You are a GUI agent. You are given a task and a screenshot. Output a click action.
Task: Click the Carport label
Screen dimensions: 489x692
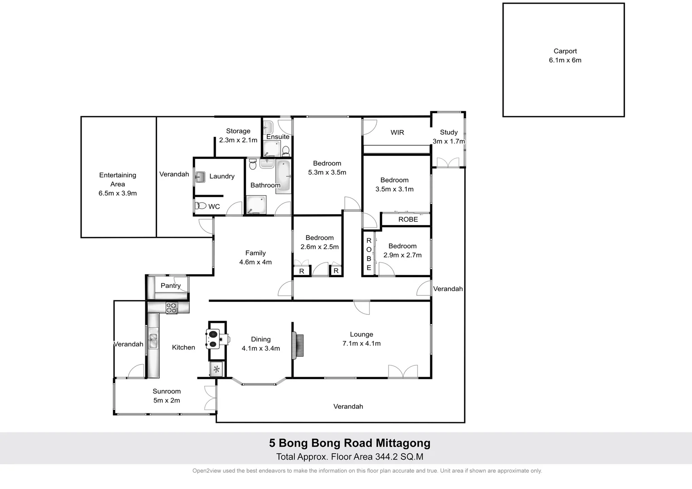tap(565, 51)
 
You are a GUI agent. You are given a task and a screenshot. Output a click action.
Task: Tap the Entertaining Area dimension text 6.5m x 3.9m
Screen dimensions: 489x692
tap(117, 193)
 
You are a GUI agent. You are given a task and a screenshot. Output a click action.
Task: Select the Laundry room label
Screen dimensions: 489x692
tap(221, 176)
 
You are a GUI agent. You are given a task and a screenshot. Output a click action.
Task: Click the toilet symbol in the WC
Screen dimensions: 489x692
tap(201, 206)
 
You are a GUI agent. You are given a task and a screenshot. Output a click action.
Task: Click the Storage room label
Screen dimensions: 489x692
tap(238, 131)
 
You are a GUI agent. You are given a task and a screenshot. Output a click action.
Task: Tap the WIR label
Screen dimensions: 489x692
tap(397, 132)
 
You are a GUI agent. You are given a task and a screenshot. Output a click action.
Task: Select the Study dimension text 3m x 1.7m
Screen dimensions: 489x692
tap(448, 141)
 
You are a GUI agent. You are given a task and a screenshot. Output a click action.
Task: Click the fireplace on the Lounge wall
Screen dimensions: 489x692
tap(298, 346)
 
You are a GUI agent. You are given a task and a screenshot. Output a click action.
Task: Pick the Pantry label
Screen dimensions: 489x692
tap(170, 286)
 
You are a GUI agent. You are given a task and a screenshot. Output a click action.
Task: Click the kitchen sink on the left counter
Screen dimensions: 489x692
tap(153, 340)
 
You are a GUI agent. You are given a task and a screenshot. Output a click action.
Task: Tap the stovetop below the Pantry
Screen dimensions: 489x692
tap(172, 308)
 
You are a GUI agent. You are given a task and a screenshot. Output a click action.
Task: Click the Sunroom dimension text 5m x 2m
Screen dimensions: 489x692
tap(167, 400)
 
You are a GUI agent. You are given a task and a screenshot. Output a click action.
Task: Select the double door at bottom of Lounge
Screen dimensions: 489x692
tap(403, 371)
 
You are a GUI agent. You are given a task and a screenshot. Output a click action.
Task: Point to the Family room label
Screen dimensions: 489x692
tap(255, 253)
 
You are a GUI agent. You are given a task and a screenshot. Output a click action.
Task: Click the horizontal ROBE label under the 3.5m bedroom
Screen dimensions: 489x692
tap(408, 219)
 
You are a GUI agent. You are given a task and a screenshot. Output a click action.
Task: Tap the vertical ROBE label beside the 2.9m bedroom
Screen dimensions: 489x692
tap(369, 254)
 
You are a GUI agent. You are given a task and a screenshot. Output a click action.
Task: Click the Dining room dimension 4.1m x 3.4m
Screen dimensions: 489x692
tap(260, 348)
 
